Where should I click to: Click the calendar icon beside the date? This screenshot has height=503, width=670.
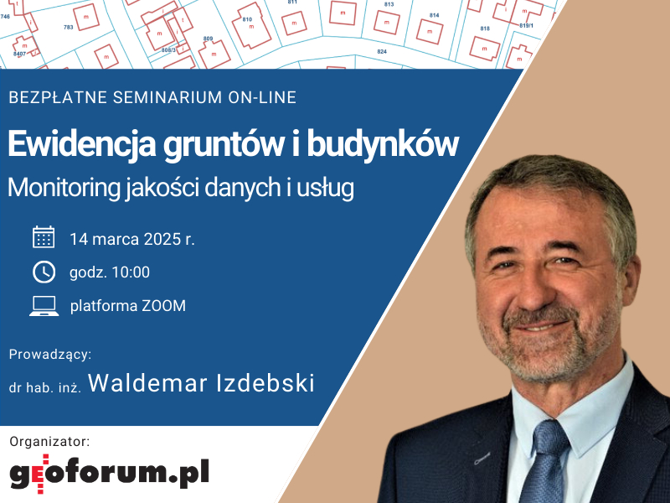44,237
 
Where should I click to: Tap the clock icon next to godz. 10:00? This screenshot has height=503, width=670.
44,272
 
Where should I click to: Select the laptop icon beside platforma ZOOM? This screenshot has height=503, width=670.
44,306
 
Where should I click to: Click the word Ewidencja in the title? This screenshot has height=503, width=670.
81,144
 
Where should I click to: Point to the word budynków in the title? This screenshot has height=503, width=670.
383,144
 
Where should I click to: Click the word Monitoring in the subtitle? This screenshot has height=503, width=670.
64,188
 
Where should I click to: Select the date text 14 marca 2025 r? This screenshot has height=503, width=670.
132,239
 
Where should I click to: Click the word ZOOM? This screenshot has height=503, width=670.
163,306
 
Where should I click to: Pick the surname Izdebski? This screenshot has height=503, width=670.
265,383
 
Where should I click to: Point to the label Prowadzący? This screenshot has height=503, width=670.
50,355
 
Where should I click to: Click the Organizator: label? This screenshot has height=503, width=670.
49,442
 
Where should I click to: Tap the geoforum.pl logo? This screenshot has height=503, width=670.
110,473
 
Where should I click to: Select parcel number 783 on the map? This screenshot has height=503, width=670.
69,27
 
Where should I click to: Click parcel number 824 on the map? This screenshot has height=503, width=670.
382,51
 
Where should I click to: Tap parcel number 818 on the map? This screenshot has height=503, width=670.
485,29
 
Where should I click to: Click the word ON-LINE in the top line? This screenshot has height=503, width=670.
262,97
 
